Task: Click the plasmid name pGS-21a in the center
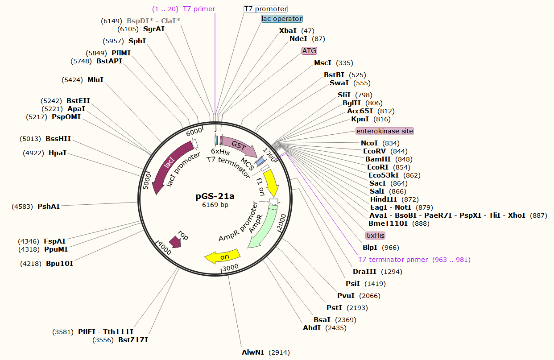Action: (x=215, y=196)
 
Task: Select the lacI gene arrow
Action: (x=167, y=167)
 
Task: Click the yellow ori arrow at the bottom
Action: (x=222, y=256)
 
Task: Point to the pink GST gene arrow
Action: (x=239, y=146)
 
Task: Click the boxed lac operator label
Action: (x=282, y=19)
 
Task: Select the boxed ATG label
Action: (x=309, y=51)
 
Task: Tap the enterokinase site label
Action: (x=384, y=131)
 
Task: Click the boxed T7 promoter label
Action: (x=265, y=9)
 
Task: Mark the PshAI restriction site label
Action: (x=48, y=206)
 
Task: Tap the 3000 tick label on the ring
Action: (x=230, y=267)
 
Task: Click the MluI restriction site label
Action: (x=95, y=80)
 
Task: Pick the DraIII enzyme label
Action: (x=364, y=271)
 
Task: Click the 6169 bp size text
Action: (x=215, y=205)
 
